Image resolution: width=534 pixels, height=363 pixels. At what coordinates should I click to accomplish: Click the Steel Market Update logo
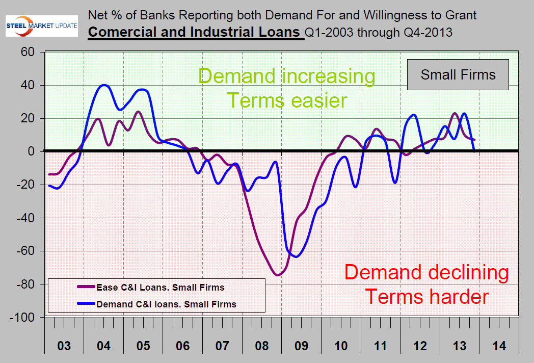[x=41, y=27]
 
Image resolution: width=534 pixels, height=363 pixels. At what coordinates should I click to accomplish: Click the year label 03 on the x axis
[x=64, y=346]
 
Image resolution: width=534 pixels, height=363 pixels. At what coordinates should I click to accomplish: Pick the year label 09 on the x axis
[x=301, y=346]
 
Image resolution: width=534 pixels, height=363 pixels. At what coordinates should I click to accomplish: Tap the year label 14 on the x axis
[x=499, y=346]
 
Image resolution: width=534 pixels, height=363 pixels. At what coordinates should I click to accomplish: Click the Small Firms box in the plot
[x=458, y=75]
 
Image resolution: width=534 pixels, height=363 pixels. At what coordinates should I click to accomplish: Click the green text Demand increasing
[x=286, y=76]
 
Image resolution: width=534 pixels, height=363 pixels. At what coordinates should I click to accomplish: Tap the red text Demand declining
[x=426, y=273]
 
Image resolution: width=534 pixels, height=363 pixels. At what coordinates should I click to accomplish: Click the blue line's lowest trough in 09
[x=296, y=256]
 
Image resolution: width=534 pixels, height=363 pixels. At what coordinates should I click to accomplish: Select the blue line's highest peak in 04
[x=104, y=85]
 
